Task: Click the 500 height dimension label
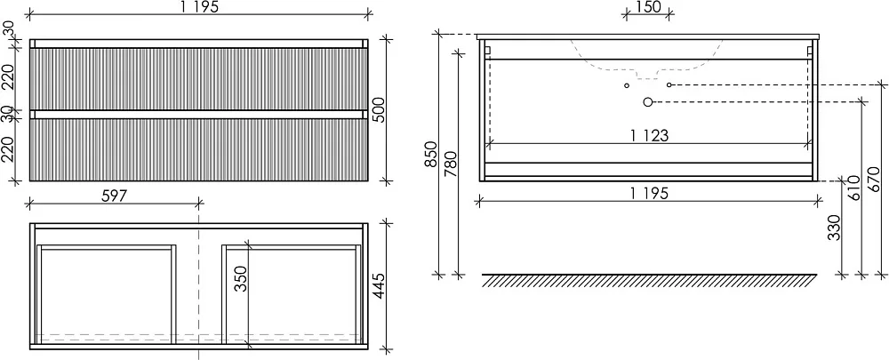(379, 109)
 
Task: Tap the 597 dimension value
(114, 196)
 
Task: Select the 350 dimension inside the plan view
(242, 278)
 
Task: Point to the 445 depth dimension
(379, 286)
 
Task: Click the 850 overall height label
(431, 154)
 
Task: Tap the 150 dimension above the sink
(648, 7)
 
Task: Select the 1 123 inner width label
(649, 136)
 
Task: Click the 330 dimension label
(834, 228)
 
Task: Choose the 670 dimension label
(875, 180)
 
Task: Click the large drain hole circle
(648, 102)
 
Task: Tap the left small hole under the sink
(627, 85)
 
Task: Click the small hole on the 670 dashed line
(669, 85)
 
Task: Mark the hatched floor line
(649, 280)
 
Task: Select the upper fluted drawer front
(198, 79)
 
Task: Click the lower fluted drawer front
(198, 149)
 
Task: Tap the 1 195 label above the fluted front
(199, 7)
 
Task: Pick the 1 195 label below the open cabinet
(649, 193)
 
